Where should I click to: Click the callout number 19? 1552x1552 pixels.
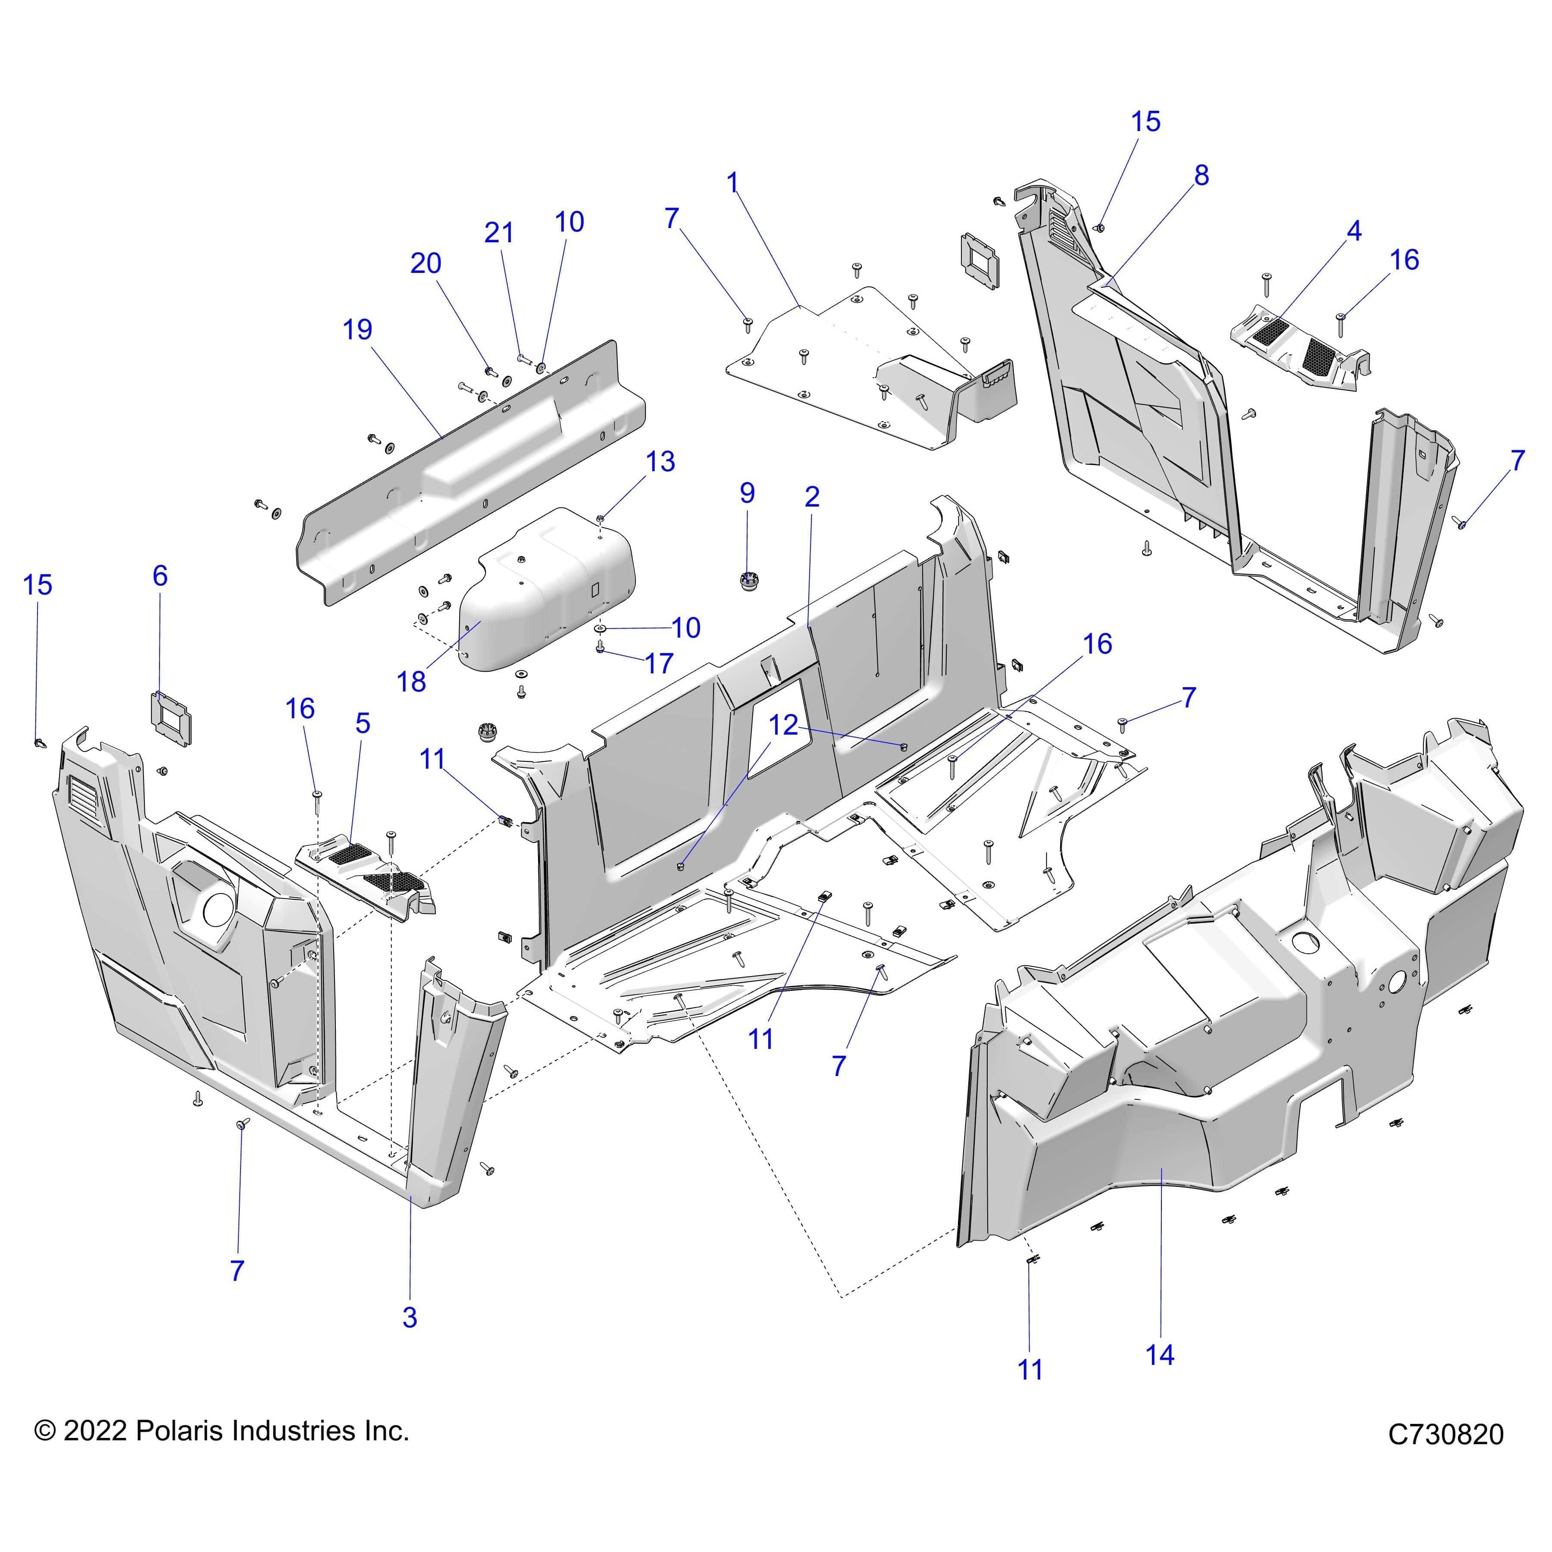357,329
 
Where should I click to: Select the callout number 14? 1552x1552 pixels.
1159,1355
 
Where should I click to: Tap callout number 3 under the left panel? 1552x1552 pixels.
410,1317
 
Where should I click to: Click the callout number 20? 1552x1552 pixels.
426,263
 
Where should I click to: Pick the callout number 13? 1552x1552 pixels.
660,462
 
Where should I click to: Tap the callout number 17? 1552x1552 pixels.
659,663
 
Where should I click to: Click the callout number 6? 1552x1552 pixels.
160,576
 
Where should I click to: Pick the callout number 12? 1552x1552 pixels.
783,726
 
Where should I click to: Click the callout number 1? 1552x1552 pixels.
732,183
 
